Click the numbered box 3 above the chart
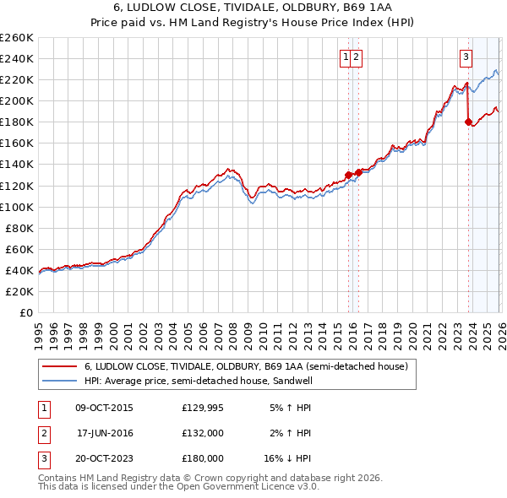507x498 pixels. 466,57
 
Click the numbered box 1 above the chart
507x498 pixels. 346,57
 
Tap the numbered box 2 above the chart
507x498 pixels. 357,57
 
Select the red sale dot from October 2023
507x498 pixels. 468,122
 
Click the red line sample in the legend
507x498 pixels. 60,367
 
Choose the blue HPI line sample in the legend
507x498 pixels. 60,381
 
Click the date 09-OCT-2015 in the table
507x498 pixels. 104,408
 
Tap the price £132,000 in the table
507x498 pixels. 203,433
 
